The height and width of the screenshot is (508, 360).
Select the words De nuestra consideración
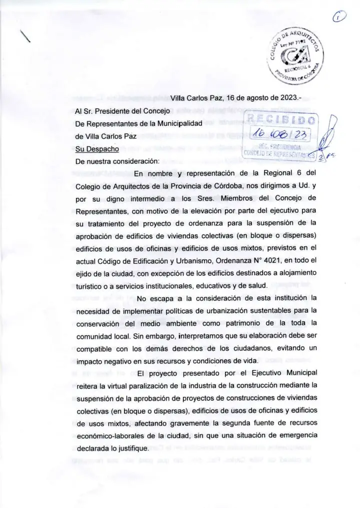point(116,161)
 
